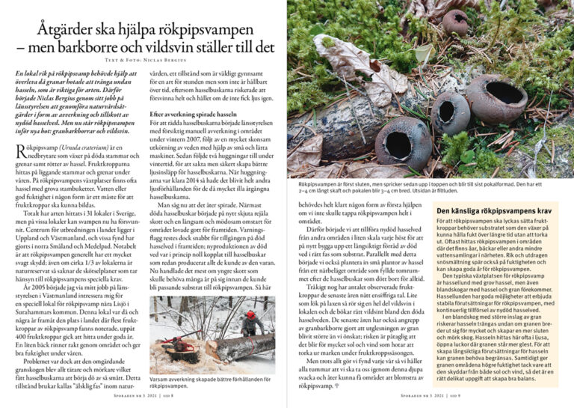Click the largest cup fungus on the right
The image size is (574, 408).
pyautogui.click(x=497, y=94)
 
